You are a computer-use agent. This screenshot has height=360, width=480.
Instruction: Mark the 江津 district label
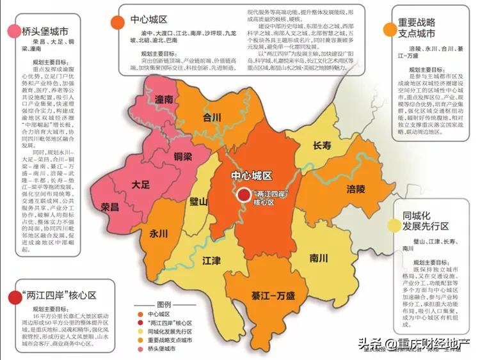[212, 261]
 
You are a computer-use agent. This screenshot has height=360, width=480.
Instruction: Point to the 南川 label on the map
[317, 258]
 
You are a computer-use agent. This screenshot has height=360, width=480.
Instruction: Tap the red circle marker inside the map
[244, 196]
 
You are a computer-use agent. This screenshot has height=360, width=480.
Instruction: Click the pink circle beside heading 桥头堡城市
[13, 32]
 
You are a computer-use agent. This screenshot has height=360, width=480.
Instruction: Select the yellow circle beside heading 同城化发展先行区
[394, 225]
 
